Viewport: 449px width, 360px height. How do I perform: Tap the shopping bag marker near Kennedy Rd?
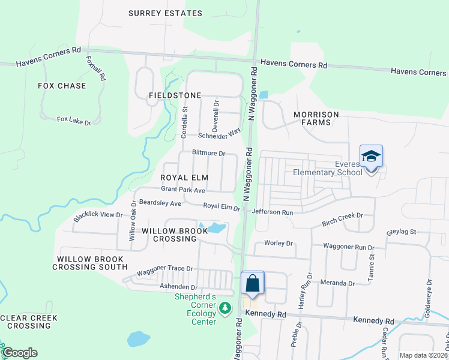click(253, 283)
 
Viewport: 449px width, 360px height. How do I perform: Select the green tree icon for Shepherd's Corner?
click(225, 308)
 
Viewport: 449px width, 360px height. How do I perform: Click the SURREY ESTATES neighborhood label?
click(165, 13)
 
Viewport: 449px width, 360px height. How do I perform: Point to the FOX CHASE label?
click(62, 86)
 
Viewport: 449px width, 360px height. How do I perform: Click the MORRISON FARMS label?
click(316, 118)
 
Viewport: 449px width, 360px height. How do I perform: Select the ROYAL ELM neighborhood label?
click(184, 178)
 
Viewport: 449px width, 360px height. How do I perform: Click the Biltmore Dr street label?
click(208, 153)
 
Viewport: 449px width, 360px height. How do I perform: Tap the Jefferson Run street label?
click(273, 212)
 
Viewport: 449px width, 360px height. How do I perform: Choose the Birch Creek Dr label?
click(343, 215)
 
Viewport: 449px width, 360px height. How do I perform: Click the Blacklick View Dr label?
click(98, 215)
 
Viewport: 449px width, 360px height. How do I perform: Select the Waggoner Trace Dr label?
click(164, 270)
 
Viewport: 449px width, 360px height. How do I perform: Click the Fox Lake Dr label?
click(73, 121)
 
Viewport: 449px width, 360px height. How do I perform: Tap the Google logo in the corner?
click(19, 353)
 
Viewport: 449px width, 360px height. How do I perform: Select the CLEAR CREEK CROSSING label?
click(29, 322)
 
